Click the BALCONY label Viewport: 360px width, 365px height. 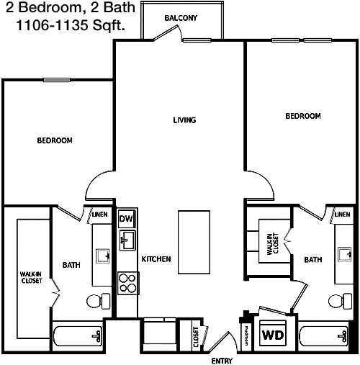pos(181,18)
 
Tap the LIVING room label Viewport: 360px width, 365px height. pos(184,120)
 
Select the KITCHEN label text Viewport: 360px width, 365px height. pos(156,259)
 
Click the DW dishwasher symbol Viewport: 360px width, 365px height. pos(127,218)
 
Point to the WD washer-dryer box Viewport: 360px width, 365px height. pos(273,333)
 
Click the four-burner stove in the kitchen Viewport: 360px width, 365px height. pos(128,283)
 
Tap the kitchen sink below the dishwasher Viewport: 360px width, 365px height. pos(127,240)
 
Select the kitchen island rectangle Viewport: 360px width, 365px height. pos(194,242)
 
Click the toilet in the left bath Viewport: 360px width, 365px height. pos(99,301)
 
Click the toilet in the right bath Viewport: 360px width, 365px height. pos(341,301)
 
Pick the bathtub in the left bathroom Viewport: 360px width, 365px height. pos(78,336)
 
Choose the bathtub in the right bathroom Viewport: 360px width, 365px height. pos(324,336)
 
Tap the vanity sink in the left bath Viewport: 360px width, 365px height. pos(103,256)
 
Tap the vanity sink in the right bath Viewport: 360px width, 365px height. pos(345,254)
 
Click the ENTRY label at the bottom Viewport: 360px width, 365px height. pos(222,361)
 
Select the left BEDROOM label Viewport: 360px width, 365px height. pos(55,140)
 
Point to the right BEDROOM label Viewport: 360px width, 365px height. pos(303,116)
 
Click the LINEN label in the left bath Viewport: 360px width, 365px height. pos(100,215)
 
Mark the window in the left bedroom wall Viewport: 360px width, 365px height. pos(57,80)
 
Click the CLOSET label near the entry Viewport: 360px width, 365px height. pos(196,337)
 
